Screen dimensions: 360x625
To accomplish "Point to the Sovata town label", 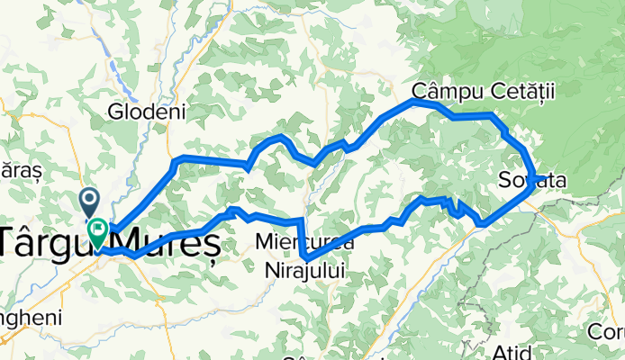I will [x=531, y=181].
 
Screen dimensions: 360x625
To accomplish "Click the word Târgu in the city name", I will [x=41, y=241].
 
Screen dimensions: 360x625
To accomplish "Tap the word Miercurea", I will [x=300, y=241].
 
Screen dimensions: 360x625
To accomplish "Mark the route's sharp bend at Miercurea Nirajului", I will [x=305, y=258].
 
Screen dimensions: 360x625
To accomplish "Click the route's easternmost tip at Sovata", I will [x=533, y=177].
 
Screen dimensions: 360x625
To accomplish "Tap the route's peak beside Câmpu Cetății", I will [x=414, y=102].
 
